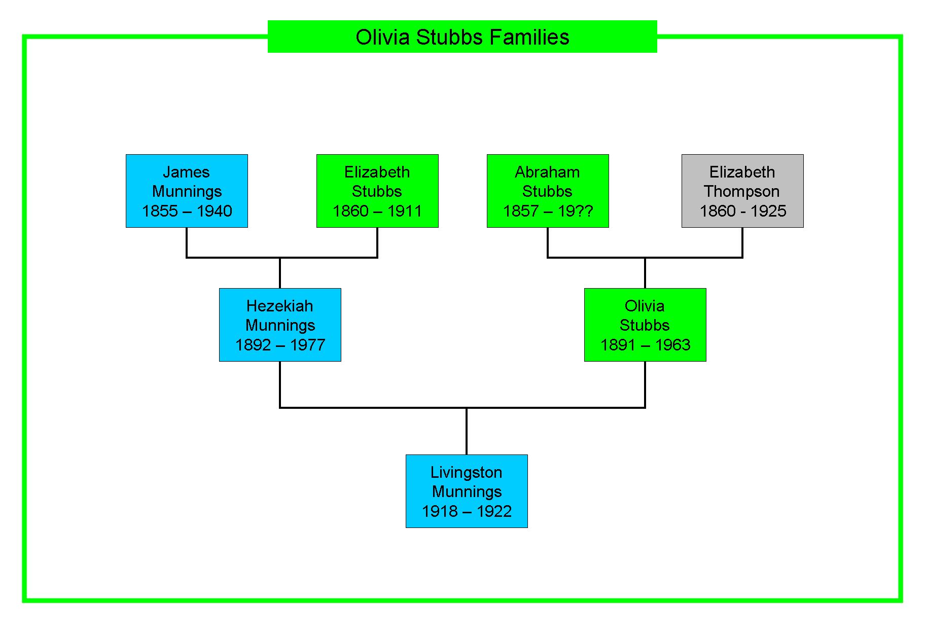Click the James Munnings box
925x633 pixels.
tap(187, 191)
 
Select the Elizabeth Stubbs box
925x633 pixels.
tap(377, 191)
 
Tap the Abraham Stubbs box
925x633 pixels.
tap(548, 191)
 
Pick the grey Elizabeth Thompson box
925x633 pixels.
tap(742, 191)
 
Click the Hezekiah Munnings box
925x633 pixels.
tap(280, 325)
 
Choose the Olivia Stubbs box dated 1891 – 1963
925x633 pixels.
tap(645, 325)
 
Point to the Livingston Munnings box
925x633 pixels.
tap(467, 491)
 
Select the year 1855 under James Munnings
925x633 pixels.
tap(160, 211)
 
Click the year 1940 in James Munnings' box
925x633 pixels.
tap(215, 211)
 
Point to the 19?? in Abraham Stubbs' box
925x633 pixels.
tap(576, 211)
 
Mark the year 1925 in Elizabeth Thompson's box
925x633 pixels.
tap(768, 211)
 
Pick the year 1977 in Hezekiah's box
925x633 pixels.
tap(308, 345)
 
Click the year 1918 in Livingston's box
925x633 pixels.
tap(440, 511)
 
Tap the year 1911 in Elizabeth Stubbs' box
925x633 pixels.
tap(405, 211)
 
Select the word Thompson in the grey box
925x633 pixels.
tap(742, 191)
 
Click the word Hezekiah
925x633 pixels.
tap(280, 306)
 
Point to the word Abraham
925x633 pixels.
tap(548, 172)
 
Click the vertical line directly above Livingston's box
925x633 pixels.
tap(467, 431)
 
